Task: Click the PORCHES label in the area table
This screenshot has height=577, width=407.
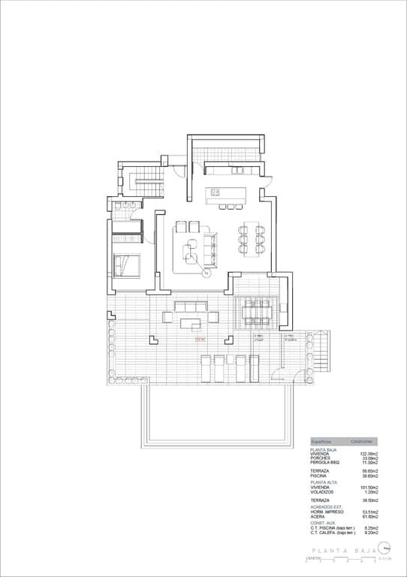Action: pyautogui.click(x=321, y=458)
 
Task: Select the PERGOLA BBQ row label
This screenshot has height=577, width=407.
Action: pyautogui.click(x=325, y=463)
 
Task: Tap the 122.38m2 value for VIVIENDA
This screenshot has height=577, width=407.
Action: pyautogui.click(x=369, y=454)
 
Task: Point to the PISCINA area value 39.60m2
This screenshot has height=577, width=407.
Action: pyautogui.click(x=369, y=476)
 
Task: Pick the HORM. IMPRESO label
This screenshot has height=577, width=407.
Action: pyautogui.click(x=327, y=511)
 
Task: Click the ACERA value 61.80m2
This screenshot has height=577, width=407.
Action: pyautogui.click(x=369, y=516)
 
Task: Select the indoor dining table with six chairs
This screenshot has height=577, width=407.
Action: pyautogui.click(x=249, y=238)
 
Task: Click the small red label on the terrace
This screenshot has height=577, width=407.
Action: pyautogui.click(x=200, y=340)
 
